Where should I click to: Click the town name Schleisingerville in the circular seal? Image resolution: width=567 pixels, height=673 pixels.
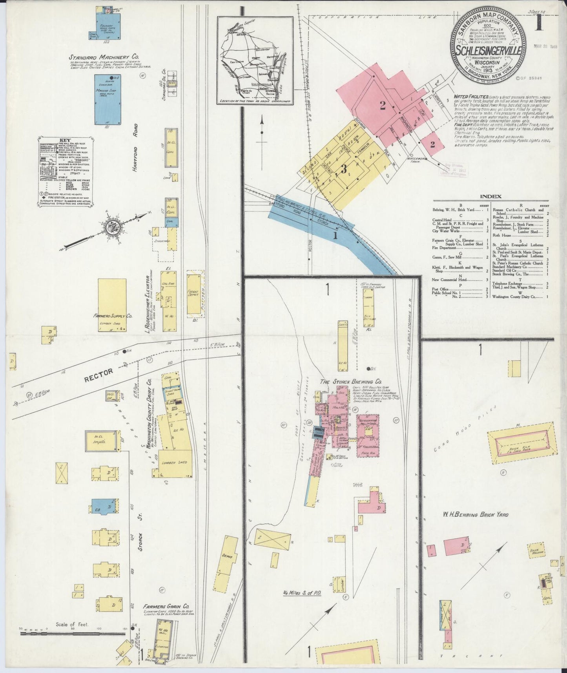coord(488,51)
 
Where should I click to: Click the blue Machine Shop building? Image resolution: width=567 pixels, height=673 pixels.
coord(108,99)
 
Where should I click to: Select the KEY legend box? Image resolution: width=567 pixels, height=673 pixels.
coord(66,172)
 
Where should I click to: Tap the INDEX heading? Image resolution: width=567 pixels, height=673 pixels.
coord(490,196)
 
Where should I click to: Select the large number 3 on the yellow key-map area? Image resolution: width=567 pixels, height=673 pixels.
coord(344,169)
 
